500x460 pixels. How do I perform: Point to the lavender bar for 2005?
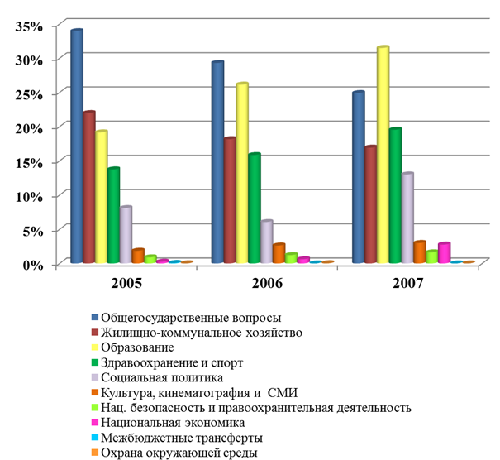click(126, 235)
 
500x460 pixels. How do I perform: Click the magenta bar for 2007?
click(444, 253)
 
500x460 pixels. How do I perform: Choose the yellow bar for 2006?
click(241, 174)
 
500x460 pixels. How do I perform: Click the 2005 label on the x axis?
click(126, 283)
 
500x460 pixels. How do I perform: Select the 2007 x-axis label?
click(407, 283)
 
